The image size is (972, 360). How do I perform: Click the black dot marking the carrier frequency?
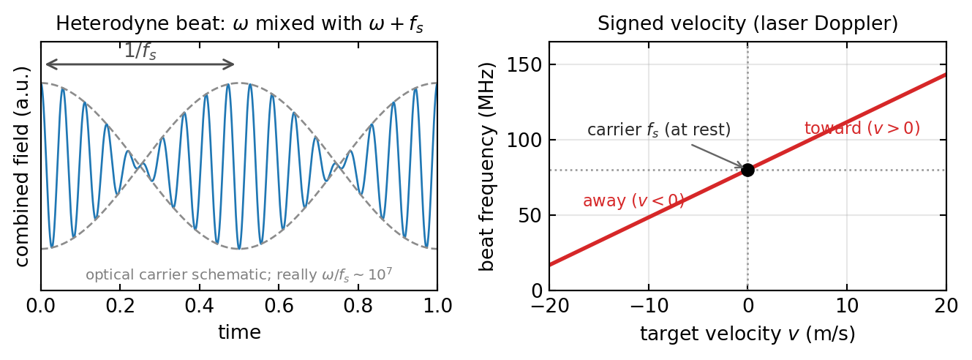tap(747, 170)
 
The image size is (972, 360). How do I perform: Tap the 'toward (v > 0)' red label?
tap(862, 128)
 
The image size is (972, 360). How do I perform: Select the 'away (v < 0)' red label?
tap(633, 200)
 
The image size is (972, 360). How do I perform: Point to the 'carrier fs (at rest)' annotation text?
tap(659, 130)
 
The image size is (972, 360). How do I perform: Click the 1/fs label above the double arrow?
tap(140, 51)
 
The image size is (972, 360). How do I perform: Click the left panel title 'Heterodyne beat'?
tap(140, 23)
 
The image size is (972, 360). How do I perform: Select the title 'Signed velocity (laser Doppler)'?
tap(747, 23)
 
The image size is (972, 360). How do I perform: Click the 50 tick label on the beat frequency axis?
tap(531, 215)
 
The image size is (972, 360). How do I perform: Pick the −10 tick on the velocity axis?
tap(649, 306)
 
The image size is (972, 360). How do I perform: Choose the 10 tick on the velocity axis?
tap(847, 306)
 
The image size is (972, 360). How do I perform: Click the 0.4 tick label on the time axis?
tap(200, 306)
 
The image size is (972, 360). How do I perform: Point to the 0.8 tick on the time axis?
tap(358, 306)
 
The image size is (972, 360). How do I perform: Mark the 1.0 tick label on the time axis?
tap(437, 306)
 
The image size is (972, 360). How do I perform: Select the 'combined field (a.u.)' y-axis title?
tap(22, 166)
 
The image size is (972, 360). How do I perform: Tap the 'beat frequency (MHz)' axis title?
tap(486, 167)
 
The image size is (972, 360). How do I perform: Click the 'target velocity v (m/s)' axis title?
tap(747, 334)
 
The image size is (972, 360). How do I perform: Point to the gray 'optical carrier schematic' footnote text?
tap(239, 274)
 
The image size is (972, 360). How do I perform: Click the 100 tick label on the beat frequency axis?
tap(525, 140)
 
